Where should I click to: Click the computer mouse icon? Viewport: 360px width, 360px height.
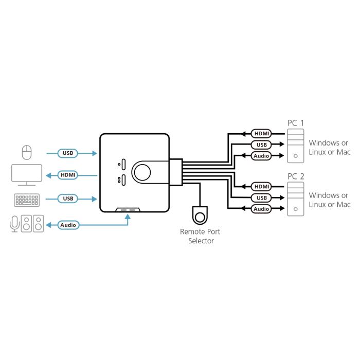click(x=26, y=153)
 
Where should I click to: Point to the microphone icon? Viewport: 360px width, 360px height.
click(x=14, y=224)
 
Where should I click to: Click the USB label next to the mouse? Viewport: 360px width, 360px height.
click(x=68, y=153)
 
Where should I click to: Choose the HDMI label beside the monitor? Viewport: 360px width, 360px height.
click(x=68, y=175)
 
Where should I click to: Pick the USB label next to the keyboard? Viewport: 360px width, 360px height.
click(x=68, y=199)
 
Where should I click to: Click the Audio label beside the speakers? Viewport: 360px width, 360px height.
click(x=68, y=225)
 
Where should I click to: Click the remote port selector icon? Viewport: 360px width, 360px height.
click(x=200, y=214)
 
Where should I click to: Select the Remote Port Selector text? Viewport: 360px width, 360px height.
click(x=201, y=236)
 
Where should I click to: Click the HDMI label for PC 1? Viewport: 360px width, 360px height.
click(x=261, y=134)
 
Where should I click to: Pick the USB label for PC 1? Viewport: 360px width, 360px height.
click(x=261, y=145)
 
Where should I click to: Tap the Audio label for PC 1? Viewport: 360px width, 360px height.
click(x=261, y=156)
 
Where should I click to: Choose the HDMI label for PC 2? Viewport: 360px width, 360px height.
click(x=261, y=186)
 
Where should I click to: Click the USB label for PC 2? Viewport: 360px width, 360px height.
click(x=261, y=197)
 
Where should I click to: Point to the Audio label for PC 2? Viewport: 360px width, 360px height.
click(x=261, y=209)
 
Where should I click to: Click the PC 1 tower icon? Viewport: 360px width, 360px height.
click(x=295, y=145)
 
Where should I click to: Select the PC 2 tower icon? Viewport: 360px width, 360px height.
click(x=295, y=199)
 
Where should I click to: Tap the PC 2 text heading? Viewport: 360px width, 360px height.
click(x=295, y=176)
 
